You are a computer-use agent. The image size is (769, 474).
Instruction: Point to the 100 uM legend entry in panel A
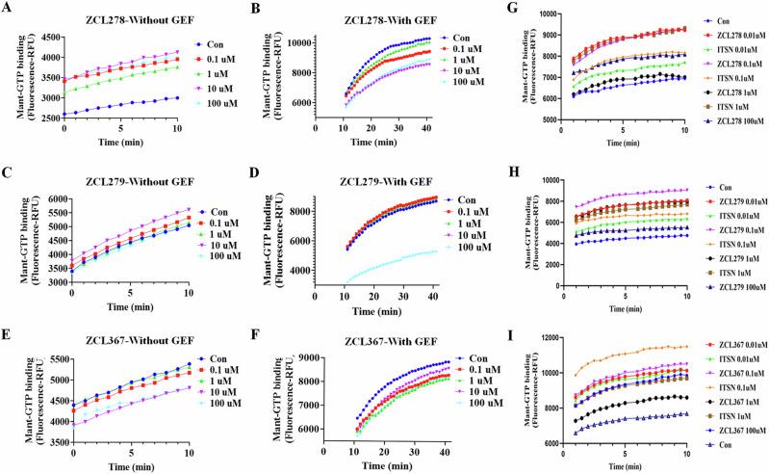pyautogui.click(x=226, y=101)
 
